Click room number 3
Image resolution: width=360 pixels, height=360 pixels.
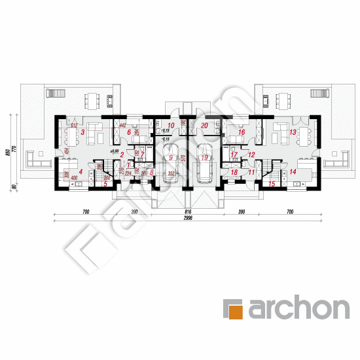pos(82,133)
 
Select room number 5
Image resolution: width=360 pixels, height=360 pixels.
pos(105,184)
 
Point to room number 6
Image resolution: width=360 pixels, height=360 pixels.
pos(130,133)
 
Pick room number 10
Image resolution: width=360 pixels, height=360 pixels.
pos(170,125)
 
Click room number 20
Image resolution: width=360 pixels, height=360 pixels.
pos(204,125)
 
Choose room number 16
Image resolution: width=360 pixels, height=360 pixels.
pos(242,133)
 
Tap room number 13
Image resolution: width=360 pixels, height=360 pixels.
pos(293,133)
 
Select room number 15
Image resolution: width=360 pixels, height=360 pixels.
pos(272,184)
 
